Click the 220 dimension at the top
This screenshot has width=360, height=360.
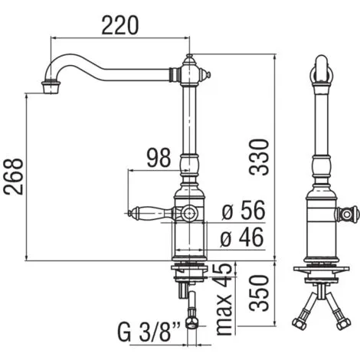(120, 25)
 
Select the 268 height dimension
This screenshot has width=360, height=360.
(13, 177)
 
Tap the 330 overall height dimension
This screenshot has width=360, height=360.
(259, 157)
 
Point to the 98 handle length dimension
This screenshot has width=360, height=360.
(159, 158)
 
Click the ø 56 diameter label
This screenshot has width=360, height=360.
(244, 210)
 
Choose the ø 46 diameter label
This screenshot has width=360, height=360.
(241, 237)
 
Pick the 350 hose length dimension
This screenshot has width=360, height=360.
(259, 293)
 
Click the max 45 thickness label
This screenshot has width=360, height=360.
(224, 299)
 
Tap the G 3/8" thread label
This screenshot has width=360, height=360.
(149, 332)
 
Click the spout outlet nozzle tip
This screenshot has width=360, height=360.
(51, 87)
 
